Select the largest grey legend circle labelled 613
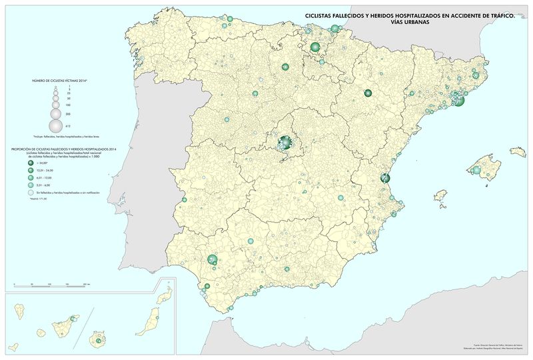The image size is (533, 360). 56,124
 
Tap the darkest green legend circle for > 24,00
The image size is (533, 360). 31,162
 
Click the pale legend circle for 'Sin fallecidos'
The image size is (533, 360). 31,192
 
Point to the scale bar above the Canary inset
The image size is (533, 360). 53,285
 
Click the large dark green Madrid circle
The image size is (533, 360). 285,142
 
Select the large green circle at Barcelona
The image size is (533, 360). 458,101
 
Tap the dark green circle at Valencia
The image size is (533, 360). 384,178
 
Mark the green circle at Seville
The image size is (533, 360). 213,259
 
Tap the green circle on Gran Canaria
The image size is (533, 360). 99,341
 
